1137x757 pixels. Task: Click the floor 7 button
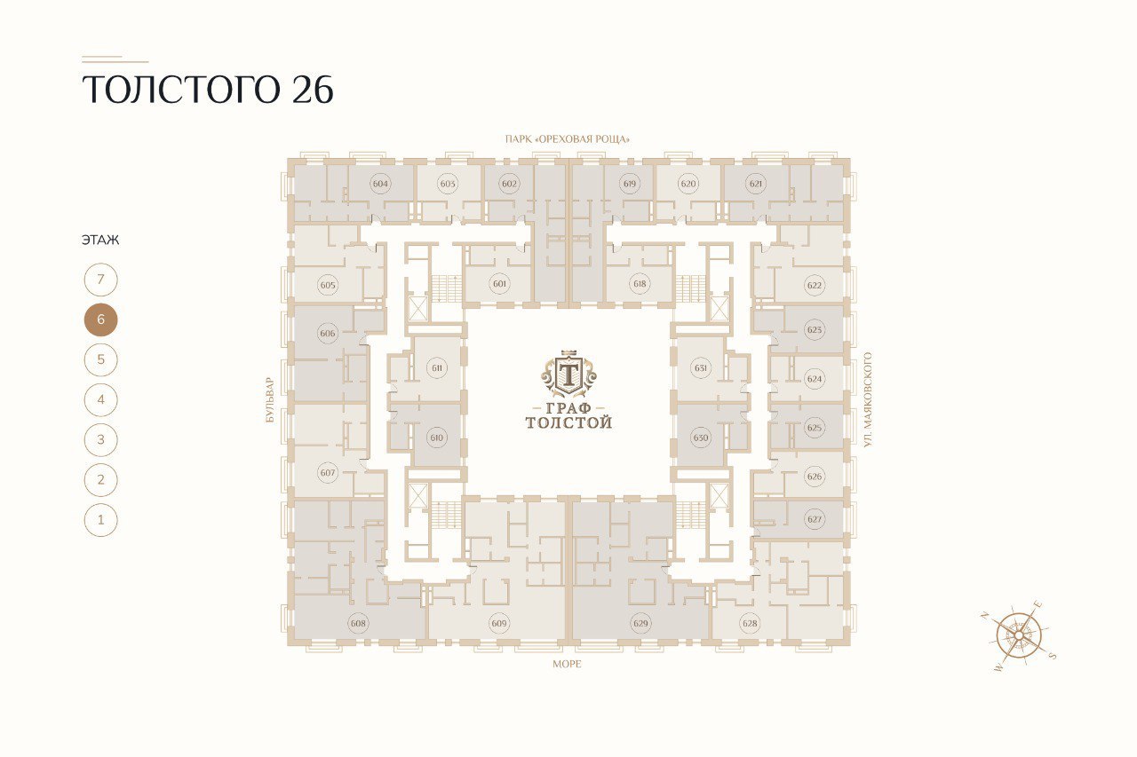click(x=100, y=280)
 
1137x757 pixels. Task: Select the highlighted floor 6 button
click(x=100, y=319)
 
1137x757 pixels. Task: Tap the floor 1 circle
click(x=100, y=520)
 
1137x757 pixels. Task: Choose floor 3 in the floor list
click(x=100, y=439)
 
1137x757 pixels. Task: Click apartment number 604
click(x=380, y=184)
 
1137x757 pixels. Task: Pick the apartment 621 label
click(x=756, y=184)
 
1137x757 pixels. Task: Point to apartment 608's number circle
click(x=358, y=623)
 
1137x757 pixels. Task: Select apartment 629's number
click(x=640, y=623)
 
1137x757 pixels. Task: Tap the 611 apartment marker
click(x=437, y=367)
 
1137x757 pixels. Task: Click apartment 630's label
click(x=701, y=438)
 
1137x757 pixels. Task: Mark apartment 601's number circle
click(x=499, y=283)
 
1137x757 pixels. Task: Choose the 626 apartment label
click(x=815, y=476)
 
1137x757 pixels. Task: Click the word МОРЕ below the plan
click(x=567, y=664)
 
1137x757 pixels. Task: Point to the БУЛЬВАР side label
click(x=269, y=399)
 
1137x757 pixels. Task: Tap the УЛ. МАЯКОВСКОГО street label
click(x=868, y=399)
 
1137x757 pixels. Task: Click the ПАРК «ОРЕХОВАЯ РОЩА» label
click(x=567, y=139)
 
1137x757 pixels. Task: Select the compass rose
click(x=1019, y=635)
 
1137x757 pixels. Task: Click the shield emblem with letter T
click(x=568, y=374)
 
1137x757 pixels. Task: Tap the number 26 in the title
click(x=313, y=90)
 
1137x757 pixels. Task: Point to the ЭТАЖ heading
click(x=100, y=240)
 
